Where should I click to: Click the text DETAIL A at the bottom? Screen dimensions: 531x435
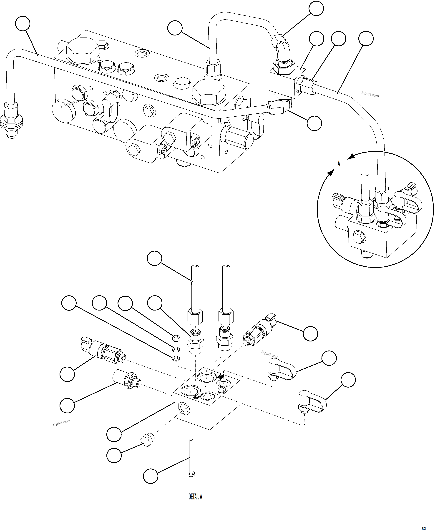195,497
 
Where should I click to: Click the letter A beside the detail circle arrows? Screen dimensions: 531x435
339,164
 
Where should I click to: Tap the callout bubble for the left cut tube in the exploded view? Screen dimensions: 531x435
155,258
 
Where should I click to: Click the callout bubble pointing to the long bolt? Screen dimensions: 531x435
151,476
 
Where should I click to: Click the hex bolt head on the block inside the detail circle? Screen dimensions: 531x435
359,237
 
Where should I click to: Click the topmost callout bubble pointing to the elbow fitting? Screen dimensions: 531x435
316,8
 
